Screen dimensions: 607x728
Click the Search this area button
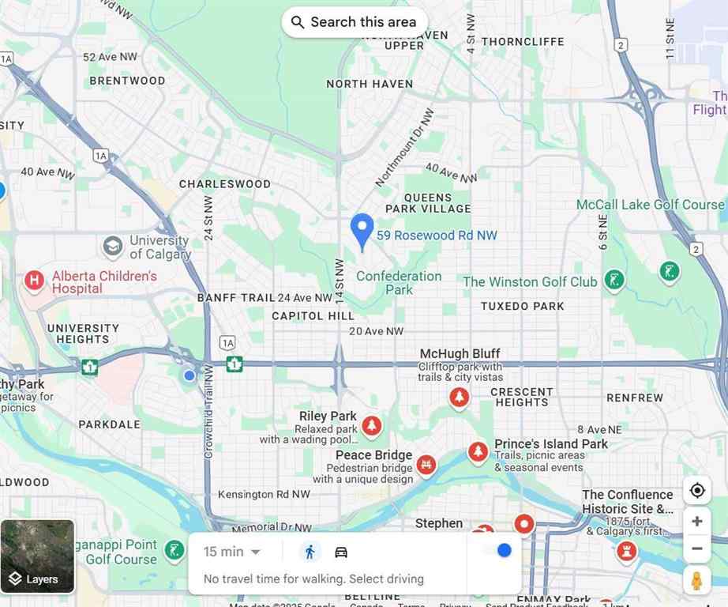[355, 22]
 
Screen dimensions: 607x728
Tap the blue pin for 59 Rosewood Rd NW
[362, 230]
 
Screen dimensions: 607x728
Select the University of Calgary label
[160, 247]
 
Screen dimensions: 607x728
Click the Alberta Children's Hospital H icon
[34, 280]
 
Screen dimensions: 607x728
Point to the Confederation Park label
[399, 282]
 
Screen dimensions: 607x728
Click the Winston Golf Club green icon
[614, 280]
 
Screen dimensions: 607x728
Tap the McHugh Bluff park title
[460, 354]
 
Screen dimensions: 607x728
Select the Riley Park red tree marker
[371, 426]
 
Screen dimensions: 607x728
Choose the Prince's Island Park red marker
[478, 451]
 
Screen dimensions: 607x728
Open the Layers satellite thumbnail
[37, 556]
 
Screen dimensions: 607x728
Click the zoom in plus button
[696, 522]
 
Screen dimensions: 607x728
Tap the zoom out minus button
[696, 549]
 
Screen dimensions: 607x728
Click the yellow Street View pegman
[696, 580]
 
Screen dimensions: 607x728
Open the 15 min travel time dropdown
[232, 552]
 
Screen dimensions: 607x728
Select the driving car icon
[341, 552]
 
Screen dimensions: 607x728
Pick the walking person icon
[310, 552]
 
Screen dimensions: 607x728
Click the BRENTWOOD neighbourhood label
[127, 81]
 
